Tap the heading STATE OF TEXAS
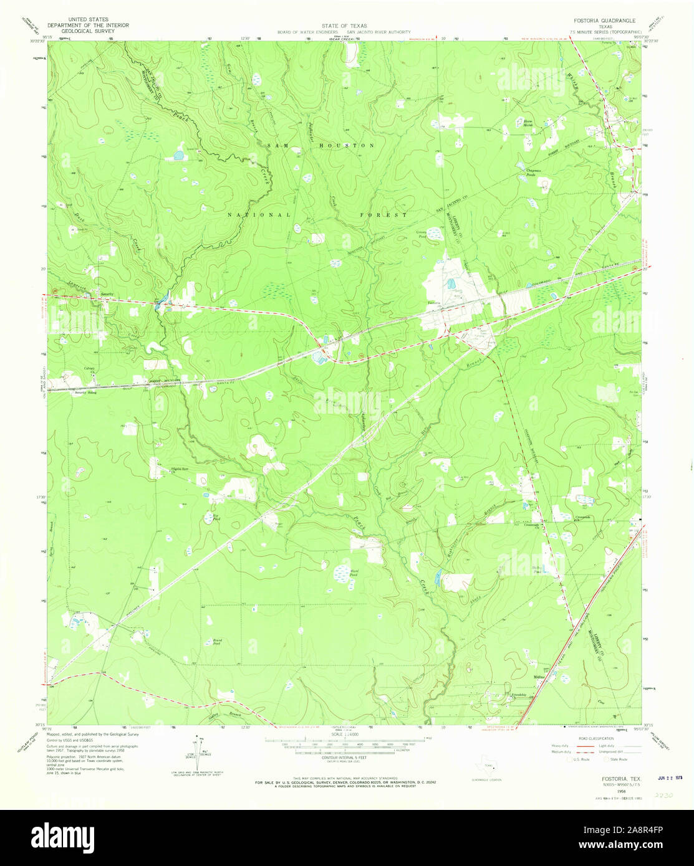point(344,26)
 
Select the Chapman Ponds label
point(528,173)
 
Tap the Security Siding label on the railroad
point(87,393)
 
